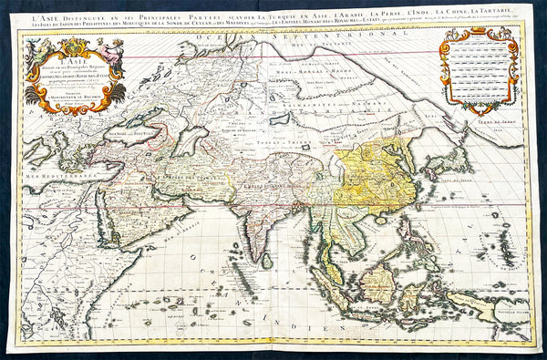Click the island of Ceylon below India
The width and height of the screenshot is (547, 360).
[267, 260]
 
